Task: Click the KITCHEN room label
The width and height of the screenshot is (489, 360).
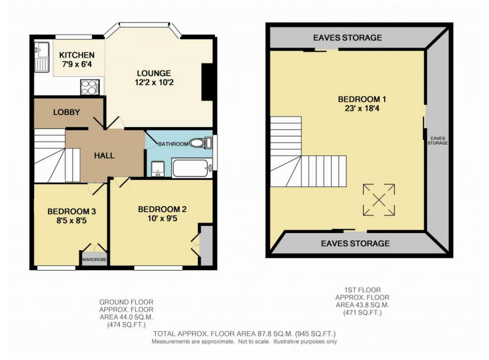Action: [x=76, y=55]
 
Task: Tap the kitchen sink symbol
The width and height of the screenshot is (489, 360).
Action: [x=41, y=57]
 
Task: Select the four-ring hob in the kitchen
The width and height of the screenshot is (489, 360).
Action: [x=90, y=87]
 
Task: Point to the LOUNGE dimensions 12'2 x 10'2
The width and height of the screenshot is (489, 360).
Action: [x=154, y=82]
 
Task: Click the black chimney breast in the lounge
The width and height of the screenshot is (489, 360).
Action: [x=207, y=82]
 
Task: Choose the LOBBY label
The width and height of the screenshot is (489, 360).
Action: [x=66, y=112]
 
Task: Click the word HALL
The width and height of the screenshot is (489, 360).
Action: [x=104, y=155]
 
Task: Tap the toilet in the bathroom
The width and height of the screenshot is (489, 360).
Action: [x=200, y=143]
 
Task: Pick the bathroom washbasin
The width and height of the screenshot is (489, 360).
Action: [x=158, y=169]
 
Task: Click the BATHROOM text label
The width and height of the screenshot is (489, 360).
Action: [x=173, y=144]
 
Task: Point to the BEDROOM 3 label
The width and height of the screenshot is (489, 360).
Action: [x=71, y=211]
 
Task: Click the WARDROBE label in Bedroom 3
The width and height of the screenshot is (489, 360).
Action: [x=94, y=259]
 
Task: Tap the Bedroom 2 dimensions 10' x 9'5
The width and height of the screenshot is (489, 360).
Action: [x=162, y=218]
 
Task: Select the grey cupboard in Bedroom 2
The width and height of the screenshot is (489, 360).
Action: [x=206, y=245]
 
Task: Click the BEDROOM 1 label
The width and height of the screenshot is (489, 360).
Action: [x=362, y=99]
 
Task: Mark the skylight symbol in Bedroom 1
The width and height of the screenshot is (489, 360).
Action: [x=378, y=199]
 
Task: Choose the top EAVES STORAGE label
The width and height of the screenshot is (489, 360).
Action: [x=347, y=37]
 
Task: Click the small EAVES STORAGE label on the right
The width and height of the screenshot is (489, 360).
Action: [x=437, y=140]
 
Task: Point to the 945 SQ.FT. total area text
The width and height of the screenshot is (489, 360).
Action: [x=315, y=334]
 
